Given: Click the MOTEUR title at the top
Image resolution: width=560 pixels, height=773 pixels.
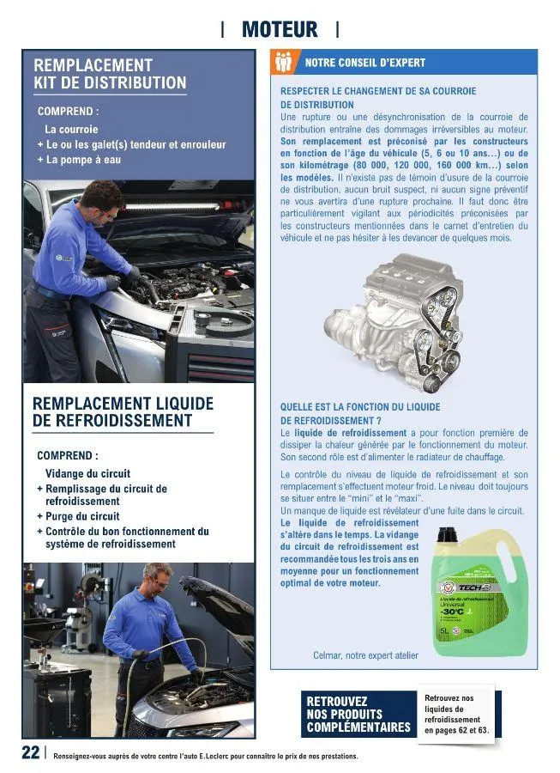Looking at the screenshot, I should pos(280,30).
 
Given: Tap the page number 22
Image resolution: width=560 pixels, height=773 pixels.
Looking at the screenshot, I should pos(30,752).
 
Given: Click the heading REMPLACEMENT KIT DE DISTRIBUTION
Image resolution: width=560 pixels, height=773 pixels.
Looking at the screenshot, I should pos(109,74).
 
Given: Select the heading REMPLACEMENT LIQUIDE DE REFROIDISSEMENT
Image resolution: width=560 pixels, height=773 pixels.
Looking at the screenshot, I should pos(123,411).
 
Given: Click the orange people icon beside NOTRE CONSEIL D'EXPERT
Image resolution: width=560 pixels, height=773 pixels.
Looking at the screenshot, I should pos(284,63).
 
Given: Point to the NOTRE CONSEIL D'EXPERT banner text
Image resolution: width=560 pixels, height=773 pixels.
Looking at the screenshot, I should pos(352,63).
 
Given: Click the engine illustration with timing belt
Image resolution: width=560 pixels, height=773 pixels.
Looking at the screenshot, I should pos(410,315).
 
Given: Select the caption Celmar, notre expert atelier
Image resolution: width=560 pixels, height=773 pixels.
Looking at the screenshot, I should pos(365,655).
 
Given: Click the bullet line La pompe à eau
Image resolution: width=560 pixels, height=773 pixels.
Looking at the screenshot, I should pos(83,160).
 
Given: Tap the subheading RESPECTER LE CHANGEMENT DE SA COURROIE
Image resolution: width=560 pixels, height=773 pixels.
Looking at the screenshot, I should pos(378,90).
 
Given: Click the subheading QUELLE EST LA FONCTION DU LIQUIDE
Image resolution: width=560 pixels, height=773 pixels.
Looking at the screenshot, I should pos(360,406).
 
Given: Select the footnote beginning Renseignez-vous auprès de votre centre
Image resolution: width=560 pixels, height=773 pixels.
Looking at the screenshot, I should pos(205,757).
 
